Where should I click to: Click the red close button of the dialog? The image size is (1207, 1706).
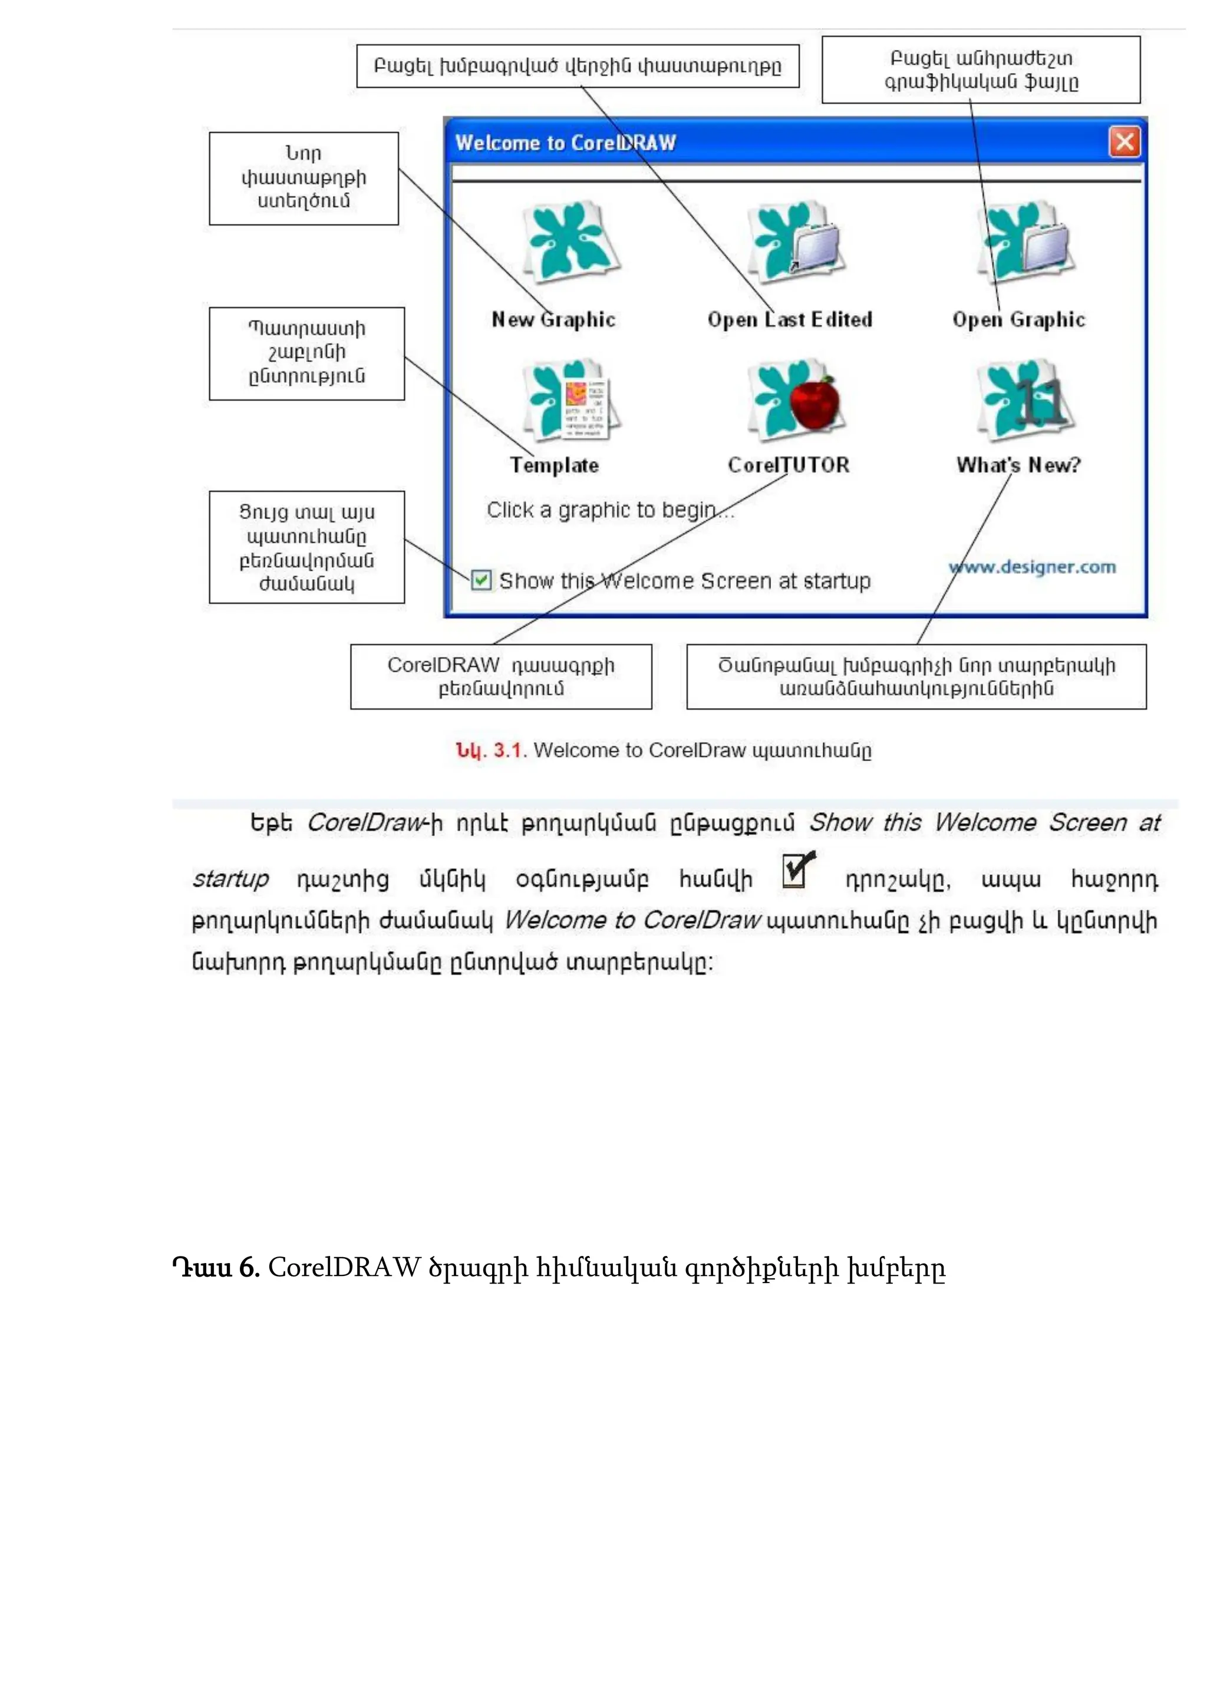(1124, 141)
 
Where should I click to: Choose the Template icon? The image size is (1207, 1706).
(571, 401)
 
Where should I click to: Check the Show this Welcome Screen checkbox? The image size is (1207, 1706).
(482, 580)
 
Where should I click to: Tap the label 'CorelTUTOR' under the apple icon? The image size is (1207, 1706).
(788, 465)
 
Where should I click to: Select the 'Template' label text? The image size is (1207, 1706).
(555, 465)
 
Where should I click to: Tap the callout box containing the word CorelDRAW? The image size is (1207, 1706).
(501, 676)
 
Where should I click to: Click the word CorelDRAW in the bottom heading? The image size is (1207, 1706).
(344, 1268)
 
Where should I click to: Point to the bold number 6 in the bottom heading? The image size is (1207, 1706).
(248, 1268)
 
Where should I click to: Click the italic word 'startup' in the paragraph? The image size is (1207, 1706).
(230, 879)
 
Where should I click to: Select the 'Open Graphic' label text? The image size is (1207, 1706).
(1018, 319)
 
